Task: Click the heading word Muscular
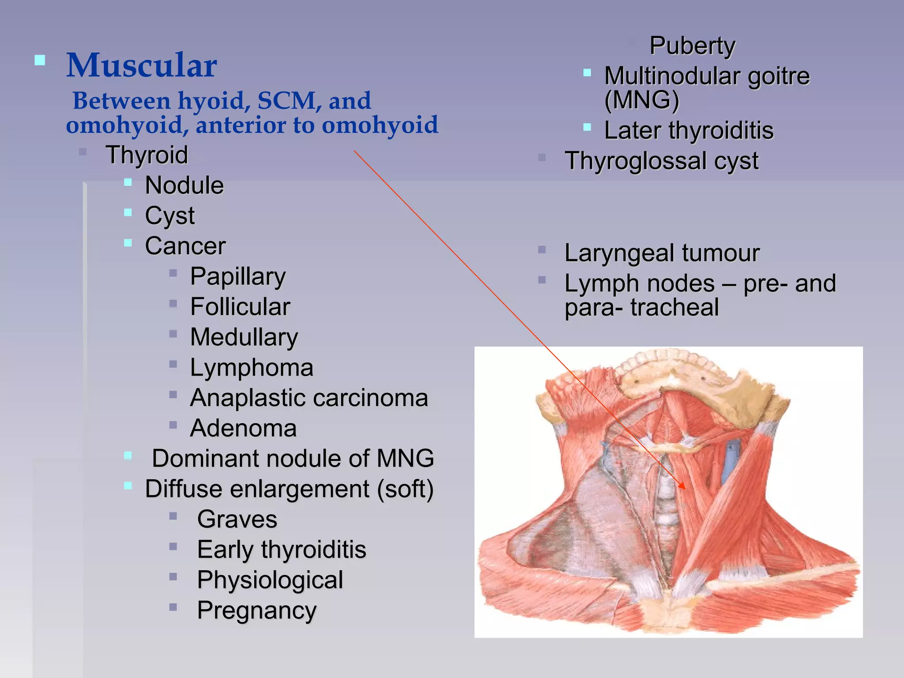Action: tap(141, 65)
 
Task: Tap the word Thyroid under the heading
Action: tap(147, 155)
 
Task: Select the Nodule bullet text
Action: tap(184, 185)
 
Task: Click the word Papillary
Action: tap(238, 277)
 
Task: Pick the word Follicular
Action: tap(240, 307)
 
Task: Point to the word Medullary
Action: tap(244, 337)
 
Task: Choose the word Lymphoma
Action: tap(252, 368)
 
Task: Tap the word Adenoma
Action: tap(243, 428)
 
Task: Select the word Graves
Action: tap(237, 519)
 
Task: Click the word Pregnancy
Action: tap(257, 611)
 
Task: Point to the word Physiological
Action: tap(270, 580)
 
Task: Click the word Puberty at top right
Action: tap(692, 46)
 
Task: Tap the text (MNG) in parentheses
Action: tap(641, 100)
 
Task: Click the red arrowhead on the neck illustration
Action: tap(682, 486)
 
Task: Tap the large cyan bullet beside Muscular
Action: tap(40, 60)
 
